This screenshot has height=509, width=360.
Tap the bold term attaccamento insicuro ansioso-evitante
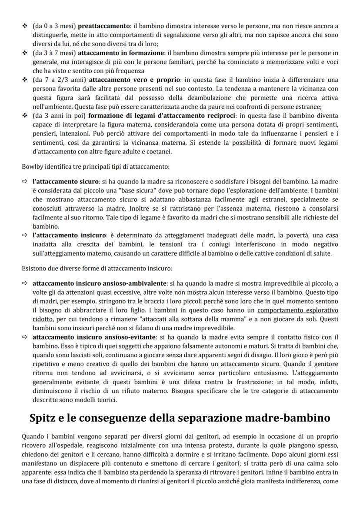[95, 337]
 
